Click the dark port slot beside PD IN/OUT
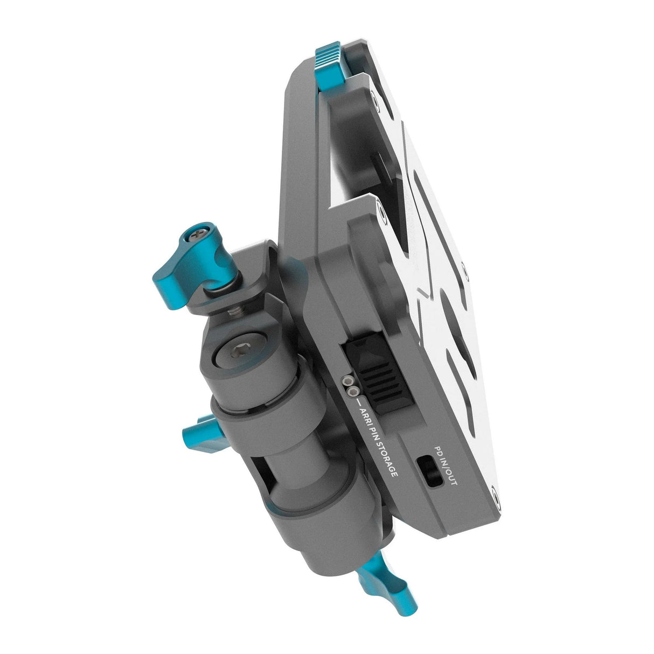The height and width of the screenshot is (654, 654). tap(429, 470)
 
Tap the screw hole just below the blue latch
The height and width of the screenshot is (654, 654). tap(374, 96)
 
